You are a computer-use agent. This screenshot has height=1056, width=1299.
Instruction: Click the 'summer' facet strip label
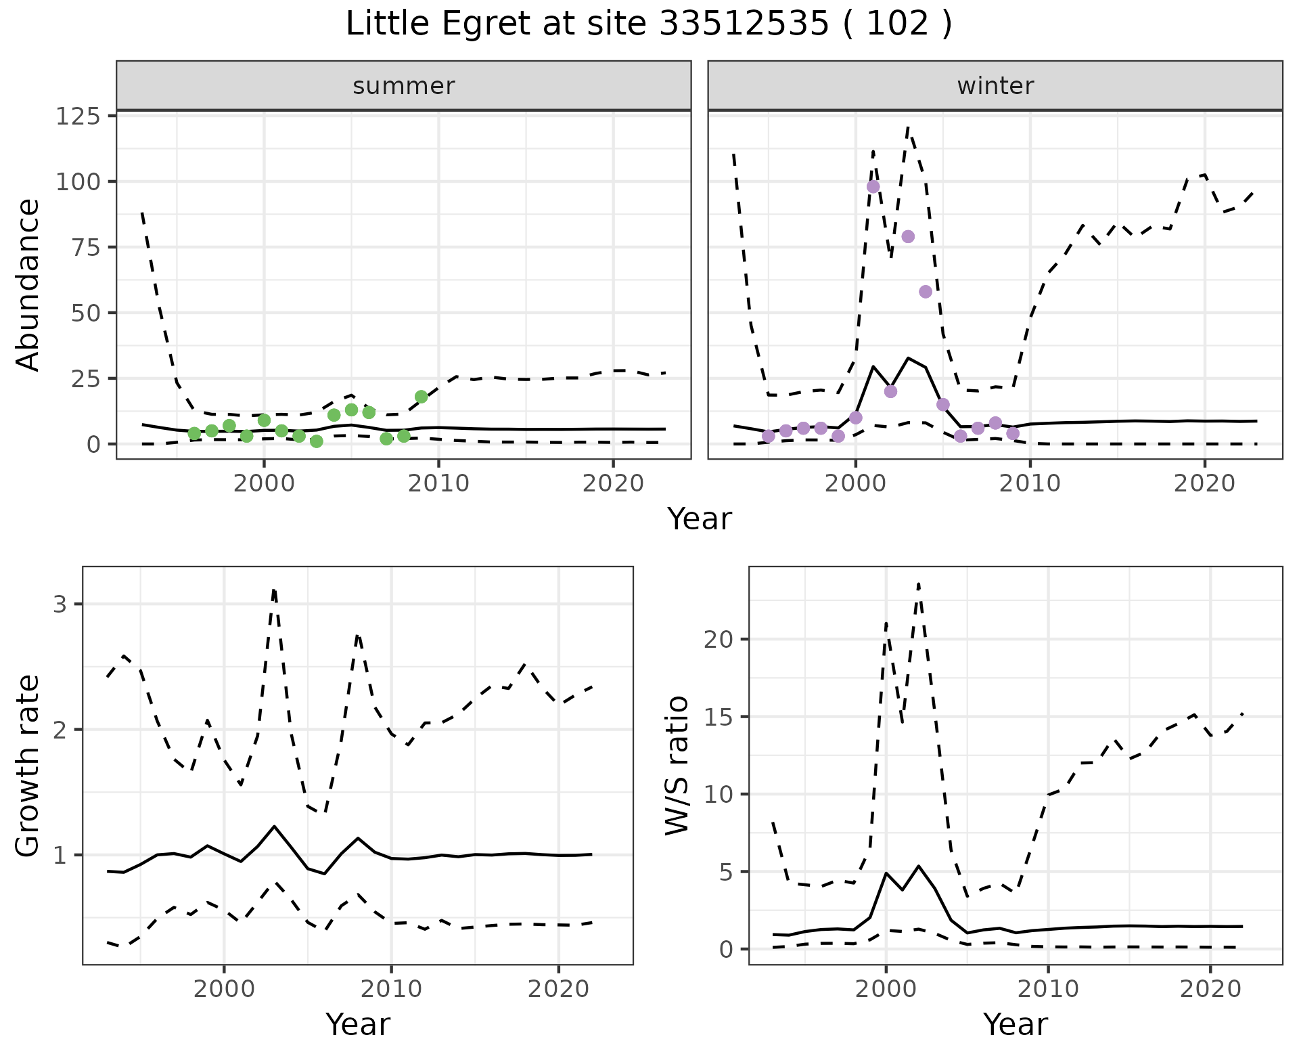(x=403, y=86)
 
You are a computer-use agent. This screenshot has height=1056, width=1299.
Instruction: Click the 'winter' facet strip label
(x=995, y=86)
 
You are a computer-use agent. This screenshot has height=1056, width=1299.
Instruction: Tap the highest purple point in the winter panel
(x=873, y=187)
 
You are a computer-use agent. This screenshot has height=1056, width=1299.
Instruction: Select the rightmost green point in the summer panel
(x=421, y=397)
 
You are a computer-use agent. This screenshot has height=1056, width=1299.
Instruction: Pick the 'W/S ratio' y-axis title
(x=677, y=765)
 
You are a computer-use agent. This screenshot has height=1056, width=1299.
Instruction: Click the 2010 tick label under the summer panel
(x=438, y=484)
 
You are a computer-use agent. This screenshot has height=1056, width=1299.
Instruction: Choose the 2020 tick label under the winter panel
(x=1204, y=484)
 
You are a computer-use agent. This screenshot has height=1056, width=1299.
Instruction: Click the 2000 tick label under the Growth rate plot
(x=224, y=989)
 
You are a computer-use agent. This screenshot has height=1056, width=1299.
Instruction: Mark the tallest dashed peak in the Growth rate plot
(x=273, y=590)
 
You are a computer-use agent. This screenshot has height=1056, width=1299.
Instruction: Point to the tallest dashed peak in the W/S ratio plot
(x=918, y=584)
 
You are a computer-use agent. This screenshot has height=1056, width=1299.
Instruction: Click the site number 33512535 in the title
(x=743, y=24)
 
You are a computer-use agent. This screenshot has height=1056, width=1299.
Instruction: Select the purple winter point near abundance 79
(x=908, y=236)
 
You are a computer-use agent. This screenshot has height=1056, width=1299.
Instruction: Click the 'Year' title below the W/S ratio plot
(x=1015, y=1024)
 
